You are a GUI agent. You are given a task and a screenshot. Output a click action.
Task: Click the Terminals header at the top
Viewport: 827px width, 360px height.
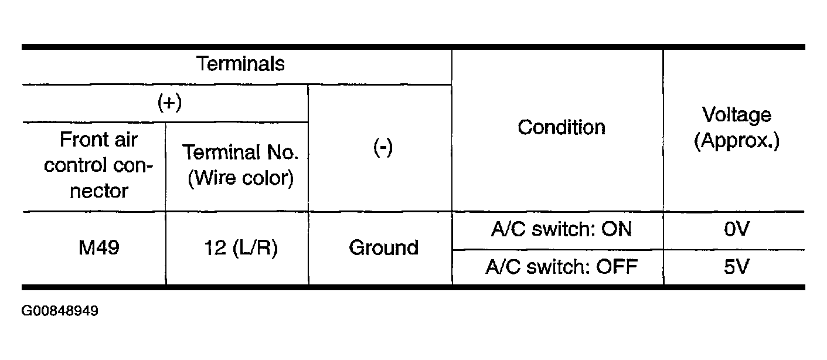240,64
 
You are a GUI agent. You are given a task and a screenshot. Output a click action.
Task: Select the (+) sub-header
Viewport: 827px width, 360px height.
169,102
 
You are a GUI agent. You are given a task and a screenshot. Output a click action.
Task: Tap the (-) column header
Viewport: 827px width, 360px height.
383,147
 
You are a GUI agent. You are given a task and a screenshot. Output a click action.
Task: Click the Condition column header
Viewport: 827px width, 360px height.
561,127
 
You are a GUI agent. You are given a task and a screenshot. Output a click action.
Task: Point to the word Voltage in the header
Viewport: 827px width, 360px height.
737,115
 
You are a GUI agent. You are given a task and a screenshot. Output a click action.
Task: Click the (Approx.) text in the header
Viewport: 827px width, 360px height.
737,141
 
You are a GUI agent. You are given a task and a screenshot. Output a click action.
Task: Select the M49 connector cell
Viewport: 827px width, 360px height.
99,247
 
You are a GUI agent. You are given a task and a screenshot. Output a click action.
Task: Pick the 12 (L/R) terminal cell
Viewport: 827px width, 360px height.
241,248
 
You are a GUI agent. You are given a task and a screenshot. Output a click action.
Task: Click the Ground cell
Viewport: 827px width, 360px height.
383,247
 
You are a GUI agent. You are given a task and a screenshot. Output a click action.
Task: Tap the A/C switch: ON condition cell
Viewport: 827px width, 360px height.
561,229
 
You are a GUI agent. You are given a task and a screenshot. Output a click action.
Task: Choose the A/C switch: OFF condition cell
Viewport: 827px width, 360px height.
561,267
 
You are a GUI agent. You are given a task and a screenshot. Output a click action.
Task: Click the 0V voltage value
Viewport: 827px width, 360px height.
737,229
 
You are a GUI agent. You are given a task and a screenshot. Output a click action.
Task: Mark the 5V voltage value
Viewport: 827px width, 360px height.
737,267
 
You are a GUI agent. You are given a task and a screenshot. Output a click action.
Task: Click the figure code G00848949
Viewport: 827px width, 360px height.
60,311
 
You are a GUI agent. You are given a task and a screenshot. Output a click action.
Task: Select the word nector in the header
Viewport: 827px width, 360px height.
99,191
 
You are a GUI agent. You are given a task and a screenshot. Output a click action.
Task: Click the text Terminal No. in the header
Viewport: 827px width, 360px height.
240,152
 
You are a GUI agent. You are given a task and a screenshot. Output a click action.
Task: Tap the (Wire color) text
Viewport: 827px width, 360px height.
241,178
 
